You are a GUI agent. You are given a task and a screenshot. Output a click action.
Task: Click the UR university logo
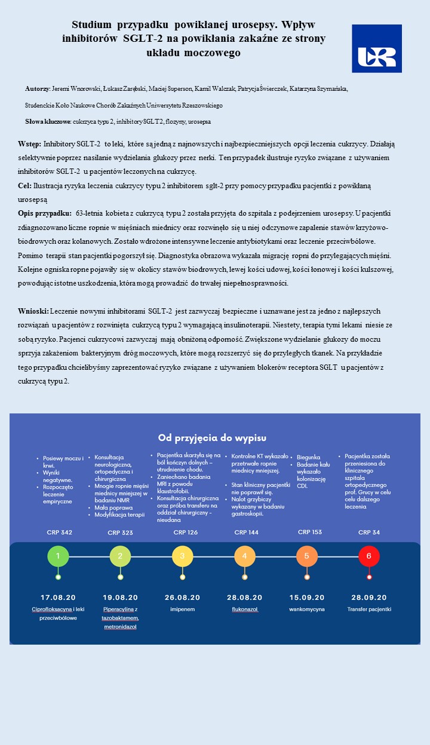point(376,48)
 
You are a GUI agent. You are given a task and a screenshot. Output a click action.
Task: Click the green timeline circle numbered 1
point(58,556)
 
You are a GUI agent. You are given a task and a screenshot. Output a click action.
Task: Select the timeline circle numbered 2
point(120,556)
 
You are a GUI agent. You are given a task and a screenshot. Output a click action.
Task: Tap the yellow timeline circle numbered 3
point(182,556)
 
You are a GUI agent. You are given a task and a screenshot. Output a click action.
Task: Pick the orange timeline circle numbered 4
point(244,556)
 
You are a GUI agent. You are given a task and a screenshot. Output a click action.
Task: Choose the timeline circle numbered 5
point(307,556)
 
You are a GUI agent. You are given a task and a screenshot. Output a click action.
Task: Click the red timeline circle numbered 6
point(369,556)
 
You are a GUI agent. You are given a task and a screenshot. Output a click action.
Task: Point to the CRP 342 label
point(59,532)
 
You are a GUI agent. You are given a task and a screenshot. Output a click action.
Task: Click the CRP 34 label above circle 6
point(369,532)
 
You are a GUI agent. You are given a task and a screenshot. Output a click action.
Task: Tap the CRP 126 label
point(185,532)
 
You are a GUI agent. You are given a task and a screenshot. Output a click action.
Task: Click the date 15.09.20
point(306,597)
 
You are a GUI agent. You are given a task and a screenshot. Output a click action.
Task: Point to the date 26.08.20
point(182,597)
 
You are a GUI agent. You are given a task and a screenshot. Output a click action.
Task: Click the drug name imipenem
point(182,609)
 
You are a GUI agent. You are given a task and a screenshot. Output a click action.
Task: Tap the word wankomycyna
point(306,609)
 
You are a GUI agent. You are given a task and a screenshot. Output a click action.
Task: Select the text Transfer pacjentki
point(369,609)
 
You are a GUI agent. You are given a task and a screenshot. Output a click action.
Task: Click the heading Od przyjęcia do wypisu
point(212,437)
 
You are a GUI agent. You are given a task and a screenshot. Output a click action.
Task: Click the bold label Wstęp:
point(30,144)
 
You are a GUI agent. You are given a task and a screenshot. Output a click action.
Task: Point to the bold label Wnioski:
point(33,311)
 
